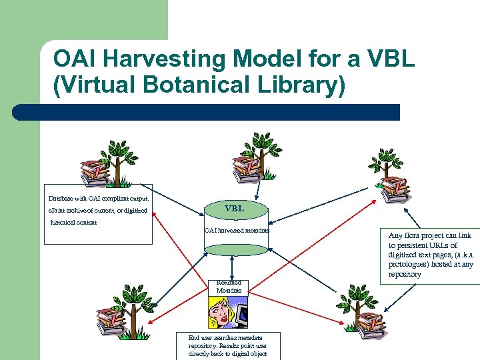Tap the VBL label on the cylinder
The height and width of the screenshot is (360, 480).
(234, 209)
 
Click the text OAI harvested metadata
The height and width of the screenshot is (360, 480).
(237, 231)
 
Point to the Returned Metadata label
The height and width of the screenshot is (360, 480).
(229, 287)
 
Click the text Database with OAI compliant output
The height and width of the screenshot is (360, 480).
(99, 198)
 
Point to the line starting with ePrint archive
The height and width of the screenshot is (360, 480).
(97, 211)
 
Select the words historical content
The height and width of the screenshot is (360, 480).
(74, 222)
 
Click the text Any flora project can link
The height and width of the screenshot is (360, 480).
(429, 235)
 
